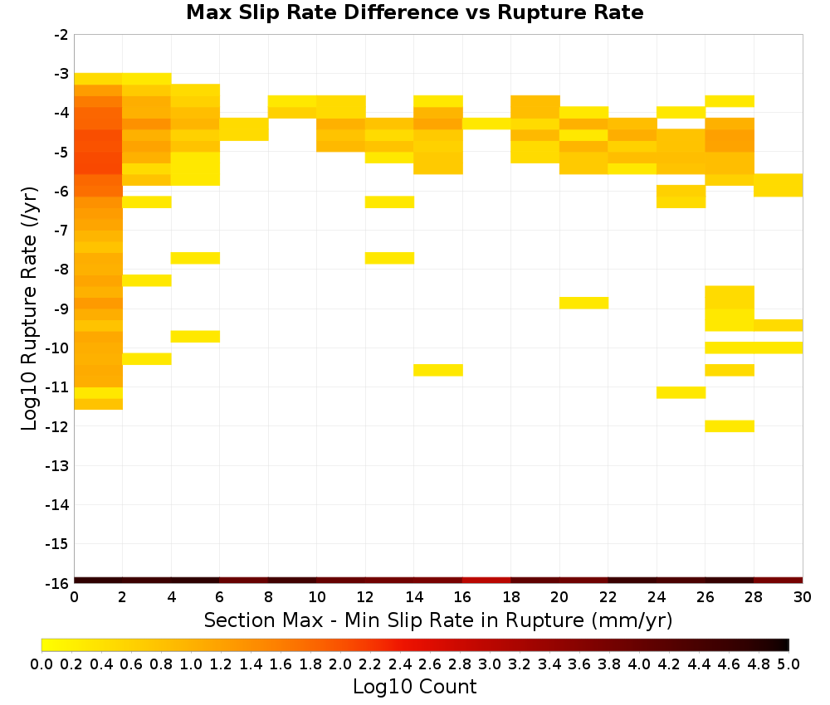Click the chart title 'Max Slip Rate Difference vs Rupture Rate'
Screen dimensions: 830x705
click(x=414, y=12)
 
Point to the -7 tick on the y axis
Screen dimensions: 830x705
click(x=61, y=231)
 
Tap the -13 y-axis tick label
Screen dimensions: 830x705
click(x=58, y=465)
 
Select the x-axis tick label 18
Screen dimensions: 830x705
click(x=510, y=597)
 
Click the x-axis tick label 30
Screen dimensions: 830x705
click(x=803, y=597)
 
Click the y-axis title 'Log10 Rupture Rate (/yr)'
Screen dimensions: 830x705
click(x=30, y=309)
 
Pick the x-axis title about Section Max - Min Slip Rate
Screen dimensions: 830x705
click(x=437, y=620)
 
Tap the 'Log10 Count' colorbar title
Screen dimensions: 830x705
click(x=414, y=687)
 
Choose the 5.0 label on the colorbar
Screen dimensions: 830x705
click(x=788, y=664)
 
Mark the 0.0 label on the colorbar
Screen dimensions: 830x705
click(x=41, y=664)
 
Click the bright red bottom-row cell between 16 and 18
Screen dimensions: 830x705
click(x=486, y=581)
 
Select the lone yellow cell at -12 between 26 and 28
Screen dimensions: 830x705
click(x=730, y=425)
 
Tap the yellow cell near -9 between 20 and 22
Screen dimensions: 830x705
click(x=583, y=303)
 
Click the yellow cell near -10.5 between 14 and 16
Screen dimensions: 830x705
click(x=438, y=370)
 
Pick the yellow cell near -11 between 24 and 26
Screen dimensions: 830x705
click(x=681, y=392)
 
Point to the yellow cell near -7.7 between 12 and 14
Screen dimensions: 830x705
click(x=389, y=258)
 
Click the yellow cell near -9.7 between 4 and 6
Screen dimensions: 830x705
click(x=195, y=337)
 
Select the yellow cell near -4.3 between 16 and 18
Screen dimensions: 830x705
click(x=486, y=124)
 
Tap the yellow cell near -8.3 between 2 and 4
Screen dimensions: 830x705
click(x=147, y=280)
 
